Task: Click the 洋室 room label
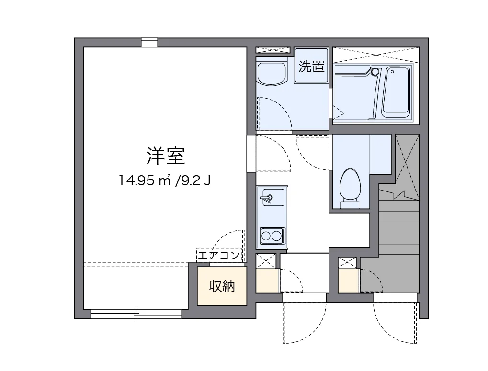tap(165, 155)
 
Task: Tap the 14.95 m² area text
tap(146, 181)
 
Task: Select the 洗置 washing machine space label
tap(311, 67)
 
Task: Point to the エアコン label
tap(218, 255)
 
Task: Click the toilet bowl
tap(350, 184)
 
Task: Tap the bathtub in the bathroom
tap(397, 92)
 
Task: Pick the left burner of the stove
tap(266, 235)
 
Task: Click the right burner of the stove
tap(276, 235)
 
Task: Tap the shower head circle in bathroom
tap(375, 72)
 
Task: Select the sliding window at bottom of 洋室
tap(136, 314)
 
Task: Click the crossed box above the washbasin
tap(273, 50)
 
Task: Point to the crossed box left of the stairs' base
tap(347, 262)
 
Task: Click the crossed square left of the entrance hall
tap(266, 261)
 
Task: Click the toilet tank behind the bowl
tap(350, 205)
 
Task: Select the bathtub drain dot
tap(392, 72)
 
